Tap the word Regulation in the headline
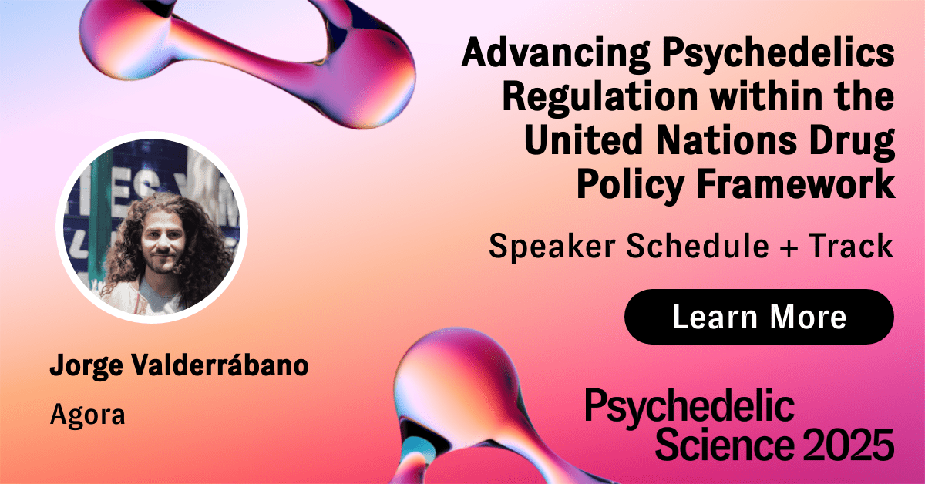point(600,96)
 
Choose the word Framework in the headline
point(795,183)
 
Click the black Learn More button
point(759,317)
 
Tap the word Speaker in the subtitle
point(552,247)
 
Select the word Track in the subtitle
point(851,246)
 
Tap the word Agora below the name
point(88,415)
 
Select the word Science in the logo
point(725,445)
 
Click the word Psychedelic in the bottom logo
point(690,408)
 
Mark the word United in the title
point(584,139)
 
